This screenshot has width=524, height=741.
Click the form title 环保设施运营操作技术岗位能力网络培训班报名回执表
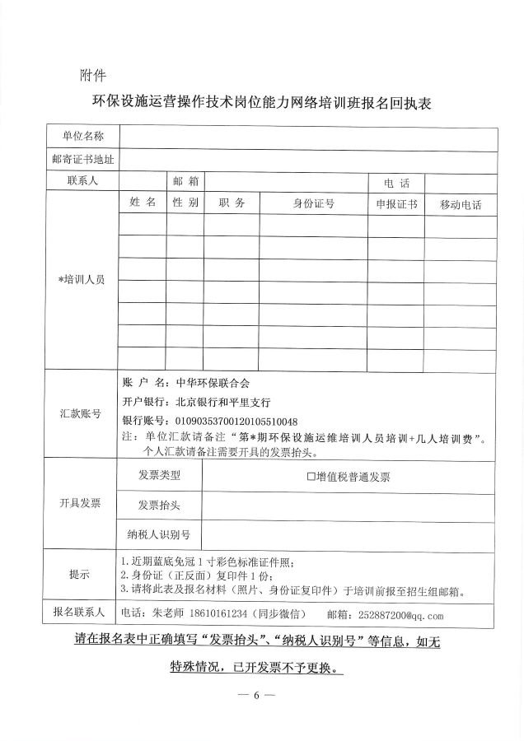261,104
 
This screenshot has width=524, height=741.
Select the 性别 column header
186,203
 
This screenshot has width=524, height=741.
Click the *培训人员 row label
80,280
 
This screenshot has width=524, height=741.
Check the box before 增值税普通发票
311,476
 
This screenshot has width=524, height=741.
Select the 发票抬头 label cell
159,505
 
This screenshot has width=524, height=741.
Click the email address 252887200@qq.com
397,615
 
